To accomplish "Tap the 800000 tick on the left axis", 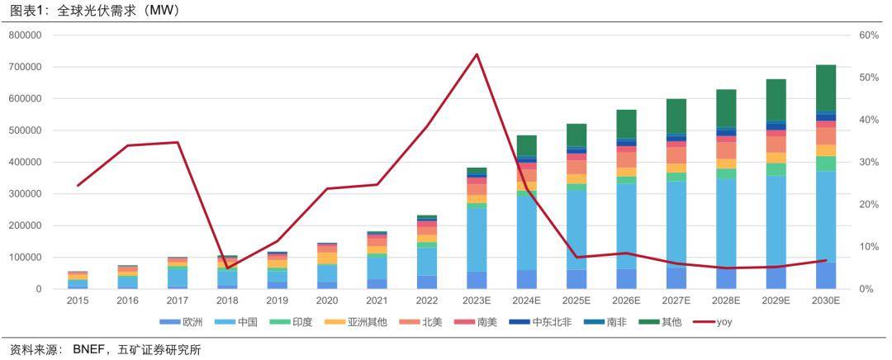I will (26, 36).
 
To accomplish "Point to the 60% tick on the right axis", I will (869, 36).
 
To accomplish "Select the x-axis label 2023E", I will (477, 301).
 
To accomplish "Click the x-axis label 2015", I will (78, 301).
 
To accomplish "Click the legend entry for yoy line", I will (721, 322).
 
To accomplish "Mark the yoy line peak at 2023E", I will (477, 54).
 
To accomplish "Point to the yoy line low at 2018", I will (227, 268).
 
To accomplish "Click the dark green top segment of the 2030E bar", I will (826, 88).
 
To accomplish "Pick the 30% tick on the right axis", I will (869, 163).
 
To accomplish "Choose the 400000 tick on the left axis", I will (26, 163).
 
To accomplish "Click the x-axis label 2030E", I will (826, 301).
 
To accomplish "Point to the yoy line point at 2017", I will (178, 142).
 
